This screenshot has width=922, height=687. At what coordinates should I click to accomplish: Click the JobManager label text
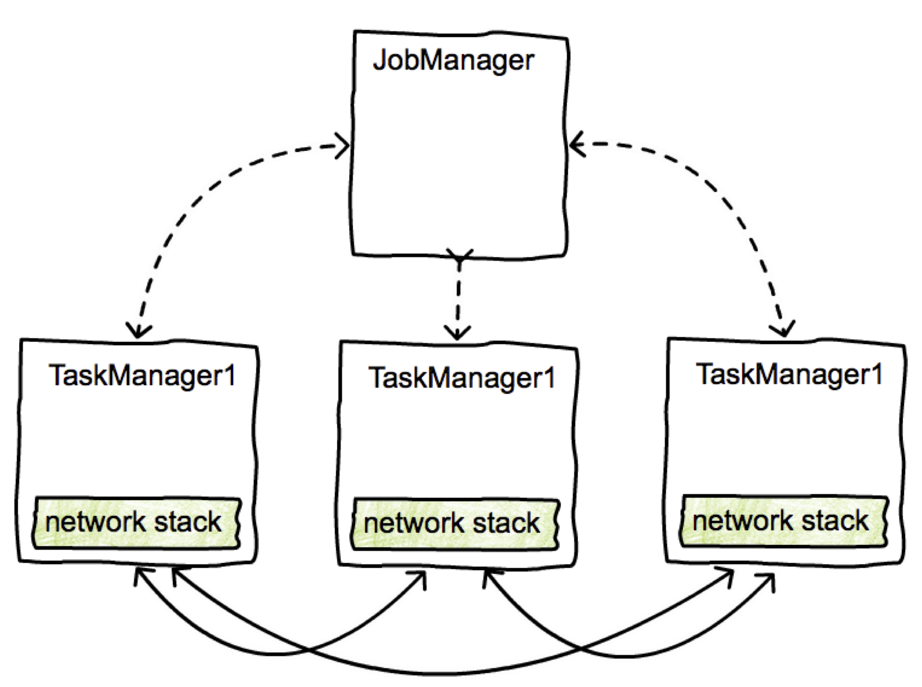pyautogui.click(x=453, y=60)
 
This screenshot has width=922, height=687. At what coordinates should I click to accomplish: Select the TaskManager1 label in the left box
pyautogui.click(x=143, y=375)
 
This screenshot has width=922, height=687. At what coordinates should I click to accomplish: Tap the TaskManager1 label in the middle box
pyautogui.click(x=462, y=378)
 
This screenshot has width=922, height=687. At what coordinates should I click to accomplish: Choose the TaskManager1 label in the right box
pyautogui.click(x=789, y=374)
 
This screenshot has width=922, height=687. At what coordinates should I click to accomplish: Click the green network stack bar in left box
pyautogui.click(x=136, y=522)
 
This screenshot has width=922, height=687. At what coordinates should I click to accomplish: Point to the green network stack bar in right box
pyautogui.click(x=783, y=521)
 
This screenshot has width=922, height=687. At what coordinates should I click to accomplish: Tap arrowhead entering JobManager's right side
pyautogui.click(x=574, y=143)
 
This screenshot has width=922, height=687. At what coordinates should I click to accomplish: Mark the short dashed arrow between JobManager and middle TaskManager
pyautogui.click(x=458, y=296)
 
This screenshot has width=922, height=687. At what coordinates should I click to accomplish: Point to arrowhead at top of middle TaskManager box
pyautogui.click(x=458, y=334)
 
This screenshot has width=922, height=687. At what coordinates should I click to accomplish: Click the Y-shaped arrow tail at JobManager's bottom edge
pyautogui.click(x=460, y=256)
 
